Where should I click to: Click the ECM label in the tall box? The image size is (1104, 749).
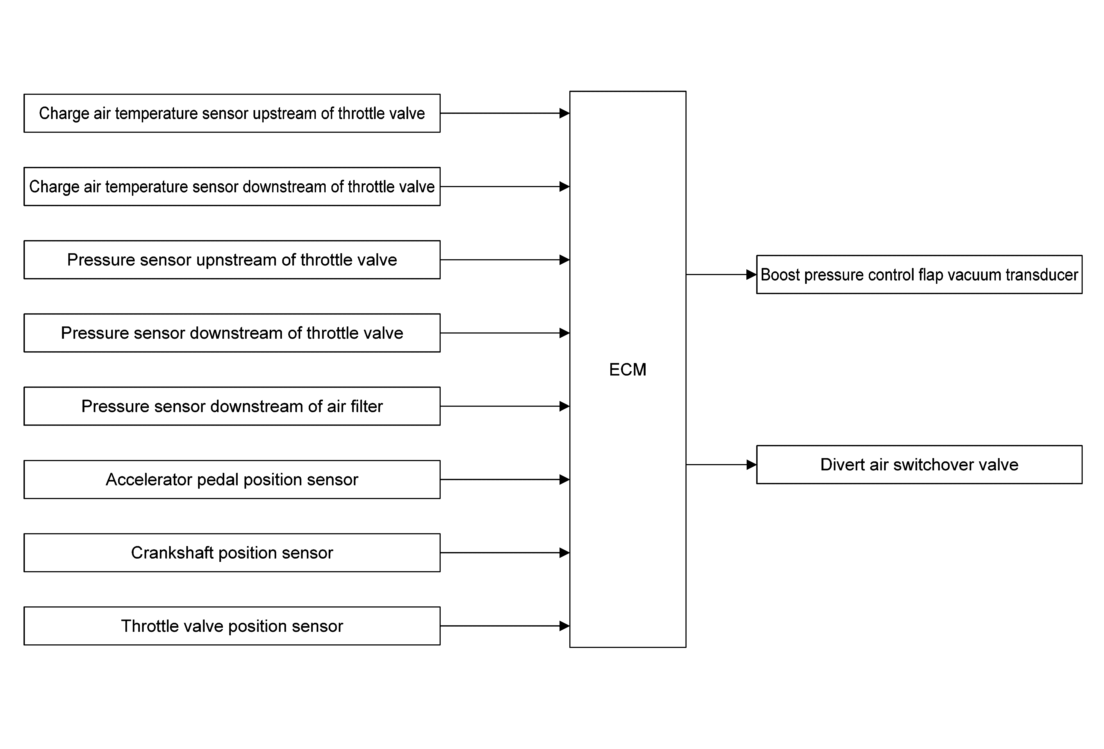(628, 370)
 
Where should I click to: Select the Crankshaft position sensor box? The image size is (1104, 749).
(232, 553)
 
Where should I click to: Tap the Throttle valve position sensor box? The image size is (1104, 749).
(232, 626)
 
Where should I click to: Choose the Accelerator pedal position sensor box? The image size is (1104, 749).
(232, 480)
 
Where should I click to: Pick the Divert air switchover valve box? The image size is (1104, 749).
(919, 464)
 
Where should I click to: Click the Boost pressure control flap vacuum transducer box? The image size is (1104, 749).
(919, 275)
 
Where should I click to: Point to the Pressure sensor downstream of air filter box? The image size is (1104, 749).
(232, 406)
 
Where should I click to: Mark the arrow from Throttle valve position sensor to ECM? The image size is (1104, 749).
(504, 626)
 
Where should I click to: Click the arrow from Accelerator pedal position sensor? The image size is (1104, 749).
(504, 480)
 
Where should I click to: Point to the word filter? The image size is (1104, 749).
(367, 406)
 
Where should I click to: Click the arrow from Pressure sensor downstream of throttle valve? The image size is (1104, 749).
(504, 333)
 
